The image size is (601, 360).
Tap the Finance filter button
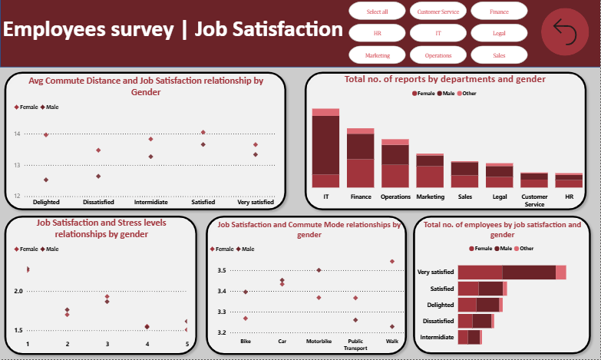(499, 12)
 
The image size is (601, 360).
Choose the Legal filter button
(499, 34)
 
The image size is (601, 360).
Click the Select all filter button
(377, 12)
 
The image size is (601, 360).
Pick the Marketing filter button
(377, 55)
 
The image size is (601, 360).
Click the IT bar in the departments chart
(325, 150)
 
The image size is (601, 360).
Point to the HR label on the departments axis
(569, 197)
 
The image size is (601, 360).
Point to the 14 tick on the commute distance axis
(16, 134)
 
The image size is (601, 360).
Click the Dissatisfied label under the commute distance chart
(98, 202)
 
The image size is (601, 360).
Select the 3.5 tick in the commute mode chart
(221, 271)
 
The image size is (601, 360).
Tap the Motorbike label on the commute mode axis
(319, 341)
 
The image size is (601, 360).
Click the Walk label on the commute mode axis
(392, 341)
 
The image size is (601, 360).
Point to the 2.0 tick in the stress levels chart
(18, 291)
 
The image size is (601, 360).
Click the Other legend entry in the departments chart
(464, 93)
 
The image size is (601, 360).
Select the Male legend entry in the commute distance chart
(51, 107)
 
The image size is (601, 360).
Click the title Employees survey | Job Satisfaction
(173, 30)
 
